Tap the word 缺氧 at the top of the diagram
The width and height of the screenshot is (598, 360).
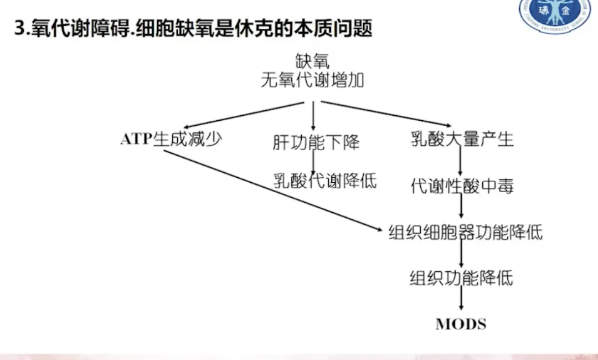coord(313,60)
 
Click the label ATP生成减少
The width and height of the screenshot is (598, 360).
coord(171,138)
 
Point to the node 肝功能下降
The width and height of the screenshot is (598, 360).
coord(316,142)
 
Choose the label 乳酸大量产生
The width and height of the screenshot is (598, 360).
coord(462,139)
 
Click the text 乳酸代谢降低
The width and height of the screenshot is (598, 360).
coord(325,180)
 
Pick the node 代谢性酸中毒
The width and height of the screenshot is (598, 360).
coord(462,186)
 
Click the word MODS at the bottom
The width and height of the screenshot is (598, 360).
coord(461,324)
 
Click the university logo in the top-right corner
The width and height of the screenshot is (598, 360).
coord(555,14)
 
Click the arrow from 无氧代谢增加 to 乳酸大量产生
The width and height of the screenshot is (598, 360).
coord(385,114)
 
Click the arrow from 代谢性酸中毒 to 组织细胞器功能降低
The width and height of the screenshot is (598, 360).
coord(461,209)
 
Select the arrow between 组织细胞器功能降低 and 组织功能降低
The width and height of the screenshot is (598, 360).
coord(461,255)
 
